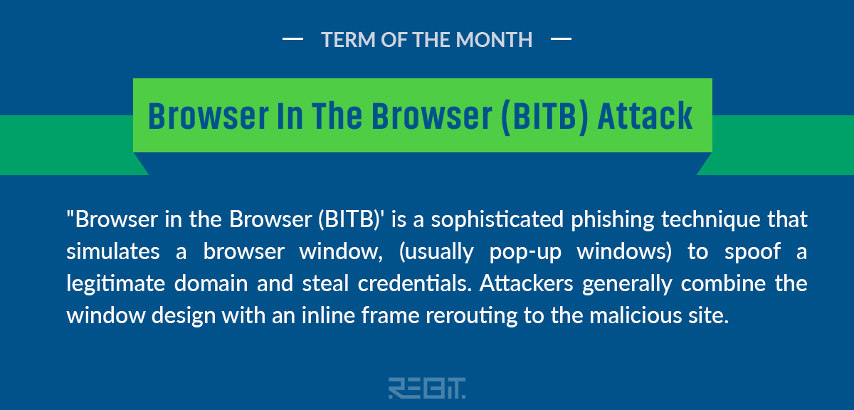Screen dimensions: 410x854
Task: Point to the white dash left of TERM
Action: [x=292, y=38]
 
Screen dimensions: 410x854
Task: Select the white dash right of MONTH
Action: [x=561, y=38]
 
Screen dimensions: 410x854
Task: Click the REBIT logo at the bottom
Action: [x=427, y=388]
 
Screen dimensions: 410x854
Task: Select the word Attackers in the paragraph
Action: [x=527, y=283]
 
